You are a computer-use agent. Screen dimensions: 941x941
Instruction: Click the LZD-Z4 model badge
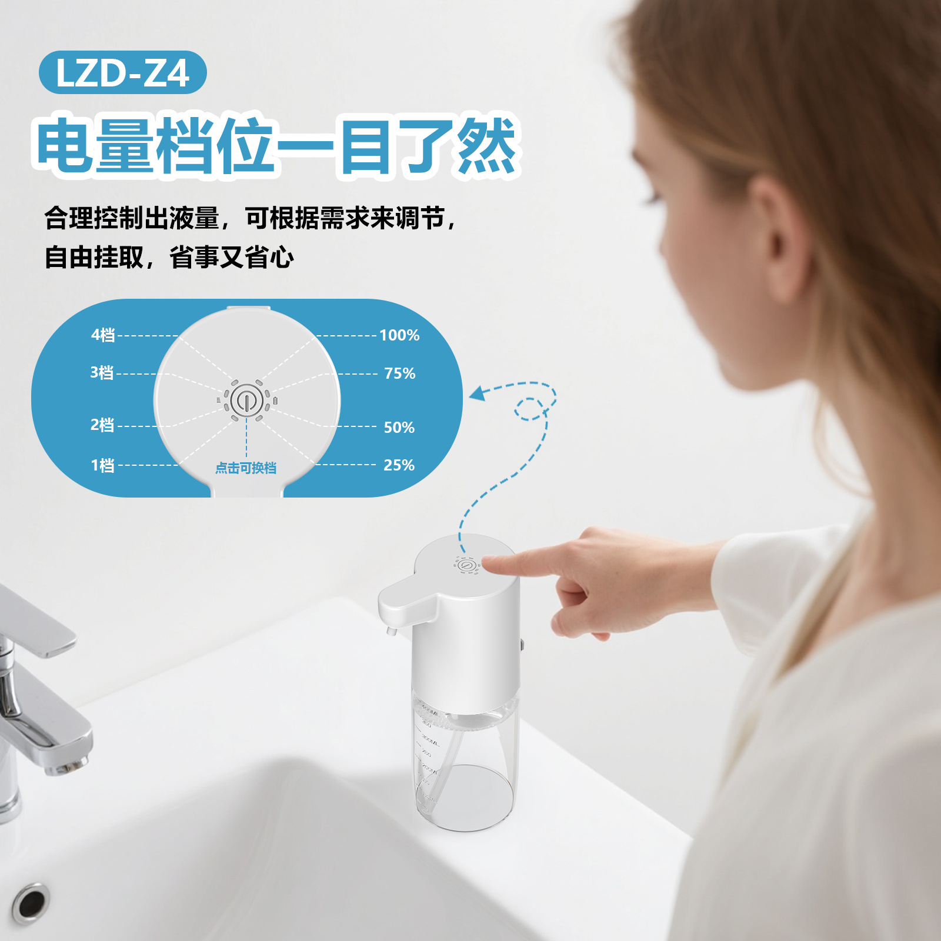pos(122,72)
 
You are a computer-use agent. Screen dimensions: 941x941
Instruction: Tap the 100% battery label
pos(399,335)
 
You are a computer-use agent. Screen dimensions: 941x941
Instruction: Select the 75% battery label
pos(399,373)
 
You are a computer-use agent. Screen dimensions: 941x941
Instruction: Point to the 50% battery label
pos(399,428)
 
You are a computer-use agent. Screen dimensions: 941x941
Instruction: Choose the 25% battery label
pos(399,465)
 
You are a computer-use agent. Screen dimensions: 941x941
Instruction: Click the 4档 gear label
pos(103,335)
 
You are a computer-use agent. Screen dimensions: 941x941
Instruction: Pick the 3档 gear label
pos(102,372)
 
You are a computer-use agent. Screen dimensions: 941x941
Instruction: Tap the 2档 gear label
pos(102,425)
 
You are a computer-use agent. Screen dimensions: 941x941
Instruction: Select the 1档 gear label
pos(102,465)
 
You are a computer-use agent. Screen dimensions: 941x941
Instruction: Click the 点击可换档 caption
pos(246,468)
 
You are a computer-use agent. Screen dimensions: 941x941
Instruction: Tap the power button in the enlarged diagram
pos(246,401)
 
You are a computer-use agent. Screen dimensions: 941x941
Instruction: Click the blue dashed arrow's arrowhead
pos(478,393)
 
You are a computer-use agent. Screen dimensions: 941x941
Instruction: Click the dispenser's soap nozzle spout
pos(390,630)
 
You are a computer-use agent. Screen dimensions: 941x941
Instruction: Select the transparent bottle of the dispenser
pos(465,765)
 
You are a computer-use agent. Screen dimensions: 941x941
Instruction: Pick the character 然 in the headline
pos(486,145)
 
